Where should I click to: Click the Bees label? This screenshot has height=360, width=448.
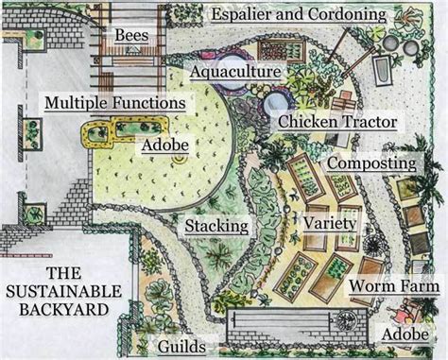pos(132,36)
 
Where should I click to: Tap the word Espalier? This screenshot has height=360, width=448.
pos(247,14)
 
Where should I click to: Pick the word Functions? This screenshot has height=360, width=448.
pos(151,102)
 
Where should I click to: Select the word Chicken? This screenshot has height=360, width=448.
pos(310,122)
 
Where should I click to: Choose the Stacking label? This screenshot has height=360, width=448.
pos(216,227)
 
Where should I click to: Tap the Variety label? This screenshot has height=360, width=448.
pos(330,223)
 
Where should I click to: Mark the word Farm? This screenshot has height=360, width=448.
pos(420,285)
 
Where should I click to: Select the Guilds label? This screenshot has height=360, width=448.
pos(183,346)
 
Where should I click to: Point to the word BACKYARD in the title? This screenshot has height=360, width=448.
pos(60,308)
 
